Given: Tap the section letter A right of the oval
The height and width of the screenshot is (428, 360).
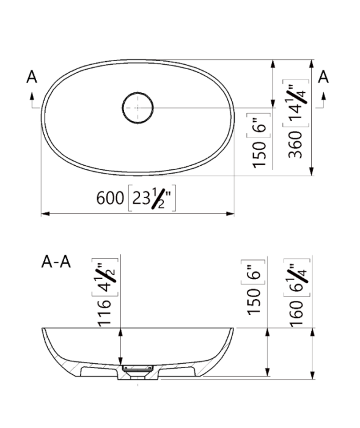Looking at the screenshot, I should [x=324, y=76].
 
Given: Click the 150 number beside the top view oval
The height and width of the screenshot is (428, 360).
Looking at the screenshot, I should [x=259, y=154].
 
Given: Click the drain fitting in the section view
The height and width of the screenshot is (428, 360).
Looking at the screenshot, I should [x=137, y=370].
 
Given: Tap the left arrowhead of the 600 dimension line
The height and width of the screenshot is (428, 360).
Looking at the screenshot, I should [x=45, y=214].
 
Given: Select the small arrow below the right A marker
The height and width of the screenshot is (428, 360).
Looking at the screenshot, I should [x=324, y=97].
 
